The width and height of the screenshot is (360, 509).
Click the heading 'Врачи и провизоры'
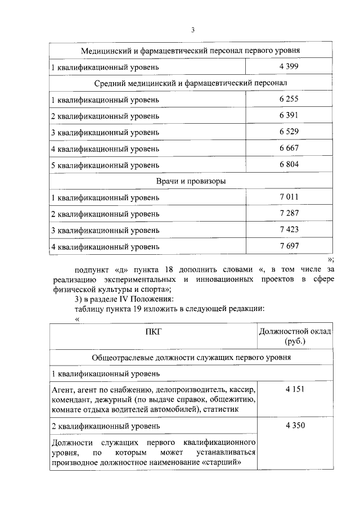(x=190, y=181)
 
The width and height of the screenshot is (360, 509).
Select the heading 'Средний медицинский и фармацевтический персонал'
(x=190, y=83)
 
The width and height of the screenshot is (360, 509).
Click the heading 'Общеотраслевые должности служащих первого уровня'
(x=190, y=357)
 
